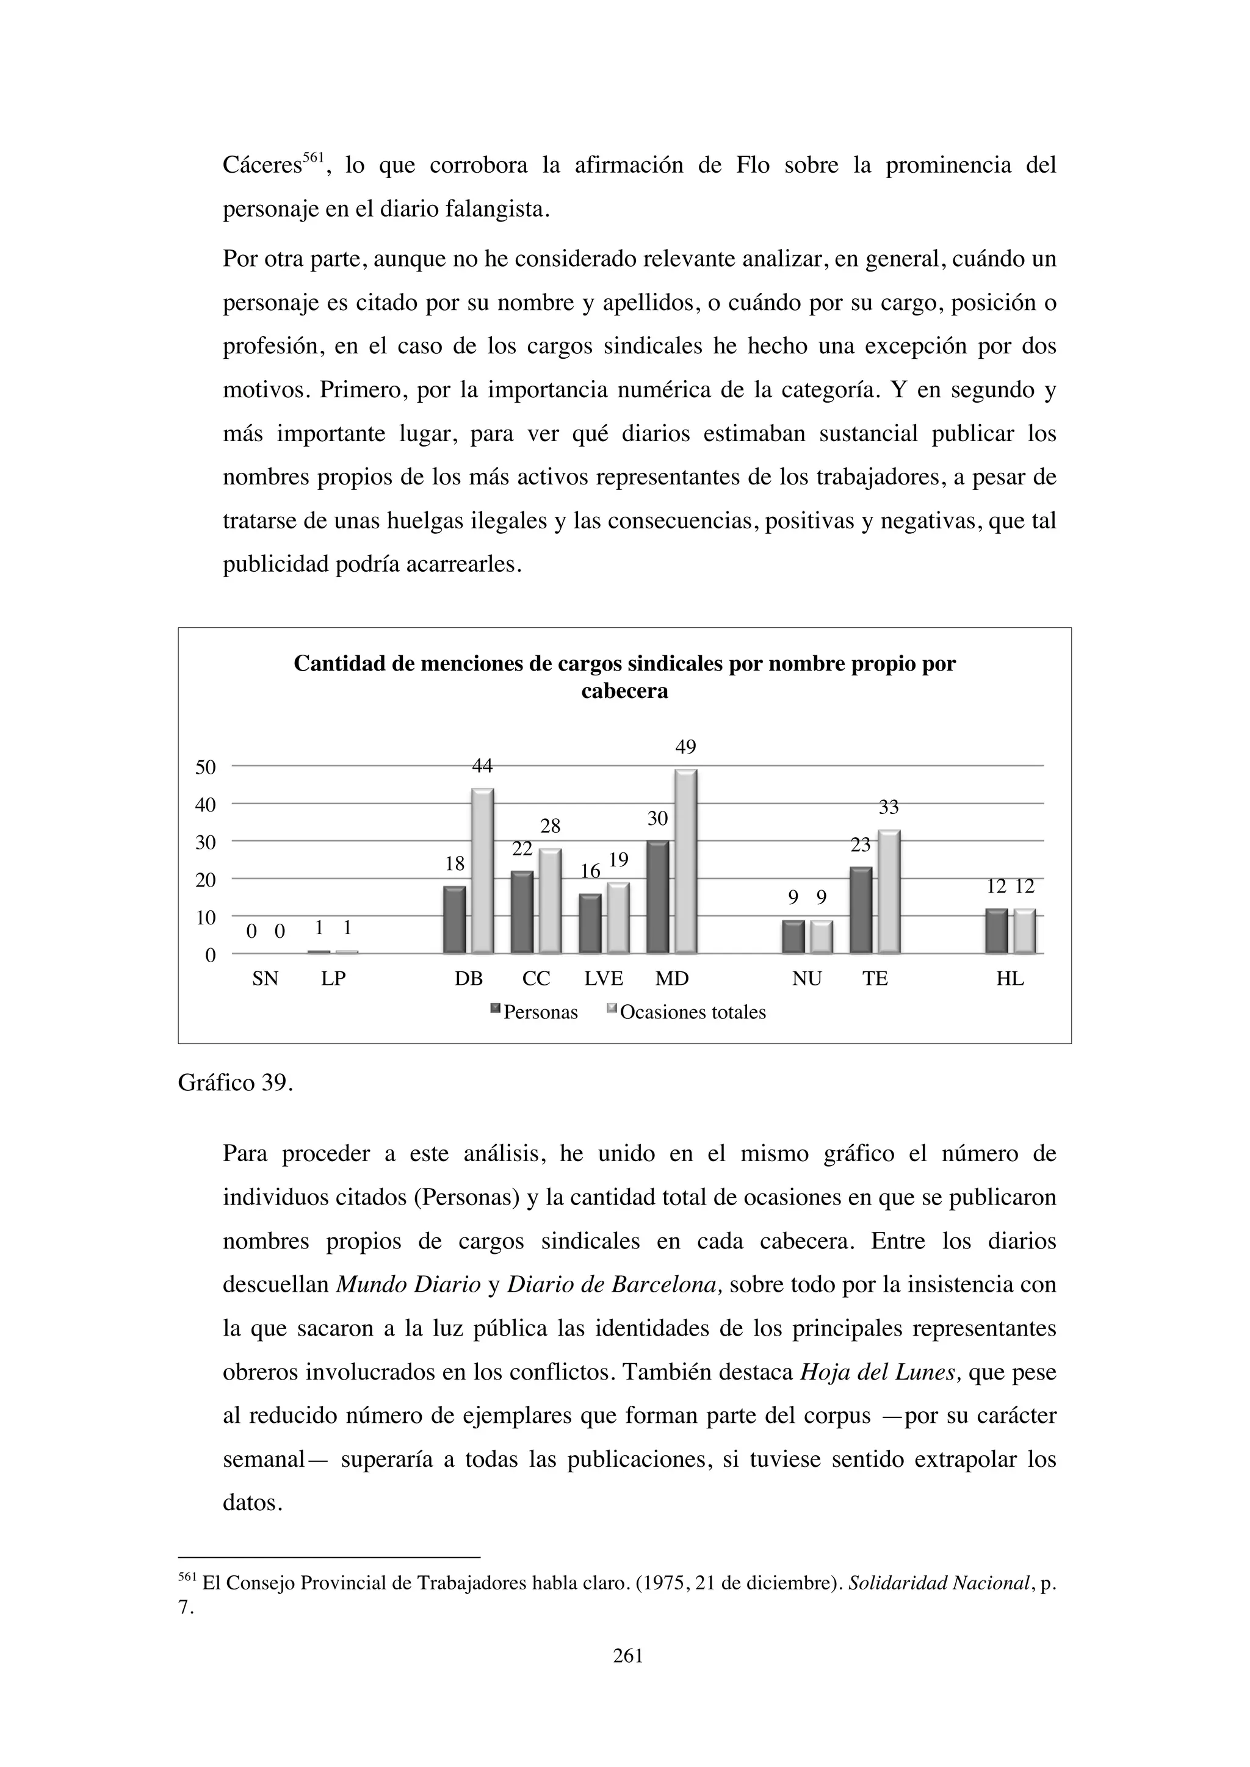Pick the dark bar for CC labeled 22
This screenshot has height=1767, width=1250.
(522, 912)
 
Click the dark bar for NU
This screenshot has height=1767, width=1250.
(793, 937)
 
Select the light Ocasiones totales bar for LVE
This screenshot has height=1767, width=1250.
(618, 918)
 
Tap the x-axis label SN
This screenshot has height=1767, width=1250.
(265, 979)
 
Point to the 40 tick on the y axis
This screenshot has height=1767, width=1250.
(206, 805)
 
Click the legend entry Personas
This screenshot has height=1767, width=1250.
(540, 1012)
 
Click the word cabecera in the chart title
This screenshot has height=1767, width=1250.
(624, 691)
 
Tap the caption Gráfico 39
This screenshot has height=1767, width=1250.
(236, 1083)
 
